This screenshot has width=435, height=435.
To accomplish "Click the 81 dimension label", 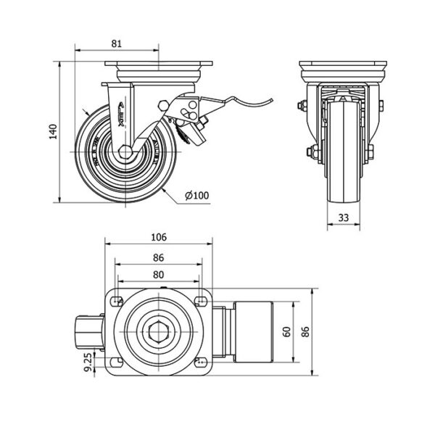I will click(x=117, y=43).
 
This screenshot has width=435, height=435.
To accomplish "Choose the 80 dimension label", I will click(x=159, y=274).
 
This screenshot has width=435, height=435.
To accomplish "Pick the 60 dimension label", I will click(x=288, y=332).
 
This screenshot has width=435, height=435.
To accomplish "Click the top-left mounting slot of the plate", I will click(x=117, y=299).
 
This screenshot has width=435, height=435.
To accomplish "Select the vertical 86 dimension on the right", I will click(x=307, y=332).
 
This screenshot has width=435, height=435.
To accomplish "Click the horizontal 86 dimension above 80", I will click(x=159, y=257).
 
